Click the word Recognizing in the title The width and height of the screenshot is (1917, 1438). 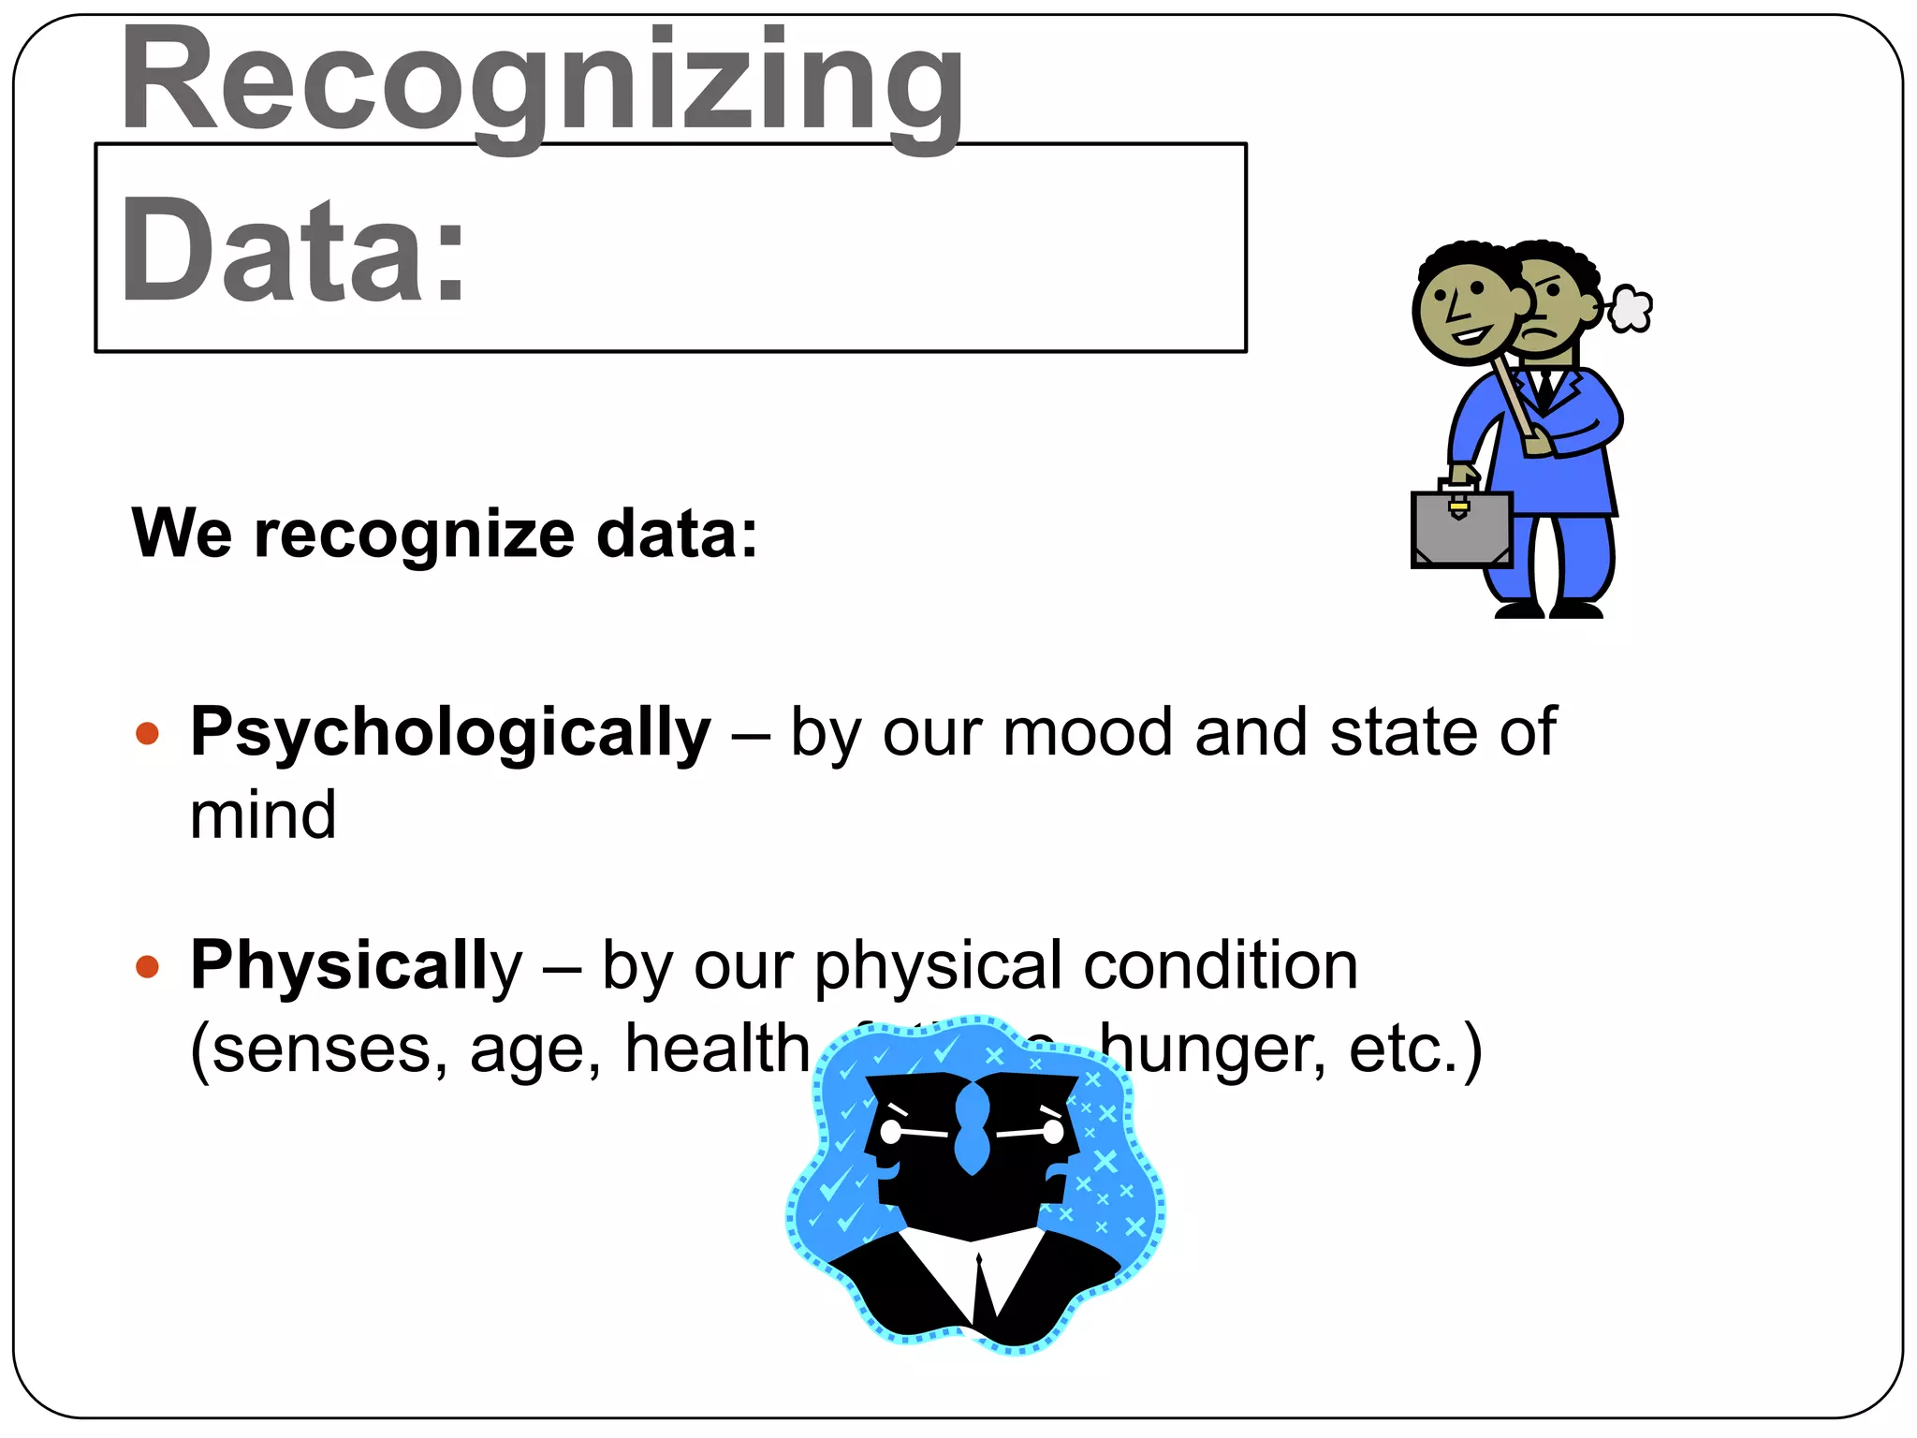541,84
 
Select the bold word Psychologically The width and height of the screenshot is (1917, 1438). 450,732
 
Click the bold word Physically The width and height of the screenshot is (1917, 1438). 356,965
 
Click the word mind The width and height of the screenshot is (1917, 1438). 263,814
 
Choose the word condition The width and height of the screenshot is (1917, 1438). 1220,965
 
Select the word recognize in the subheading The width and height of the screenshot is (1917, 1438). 414,534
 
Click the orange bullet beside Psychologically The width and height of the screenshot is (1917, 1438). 147,733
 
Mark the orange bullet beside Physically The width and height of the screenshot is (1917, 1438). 147,966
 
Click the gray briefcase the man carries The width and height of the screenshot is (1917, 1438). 1461,530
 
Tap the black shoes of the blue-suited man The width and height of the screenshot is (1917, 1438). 1549,610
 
